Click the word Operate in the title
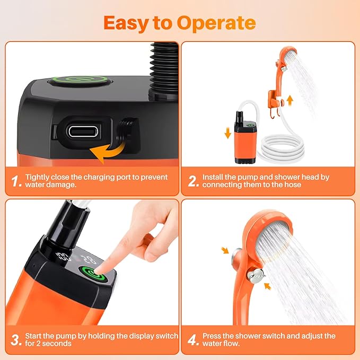[216, 23]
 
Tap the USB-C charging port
[83, 131]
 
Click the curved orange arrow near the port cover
[108, 152]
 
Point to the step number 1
[16, 181]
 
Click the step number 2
[193, 181]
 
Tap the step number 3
[16, 340]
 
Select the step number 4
[193, 340]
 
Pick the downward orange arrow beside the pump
[228, 133]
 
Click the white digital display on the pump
[76, 258]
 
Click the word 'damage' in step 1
[62, 185]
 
